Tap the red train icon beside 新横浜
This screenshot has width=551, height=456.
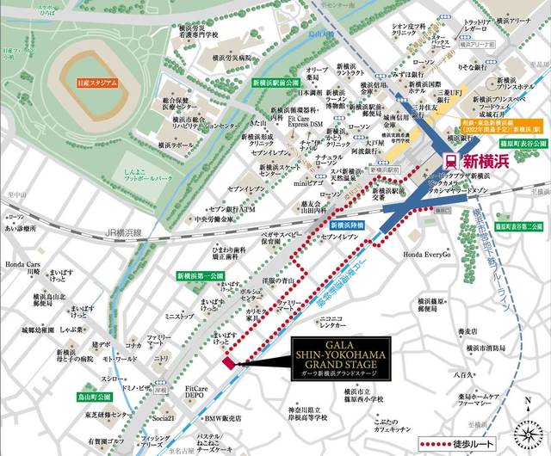(x=449, y=161)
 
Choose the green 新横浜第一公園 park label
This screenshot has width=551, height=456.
(x=200, y=275)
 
